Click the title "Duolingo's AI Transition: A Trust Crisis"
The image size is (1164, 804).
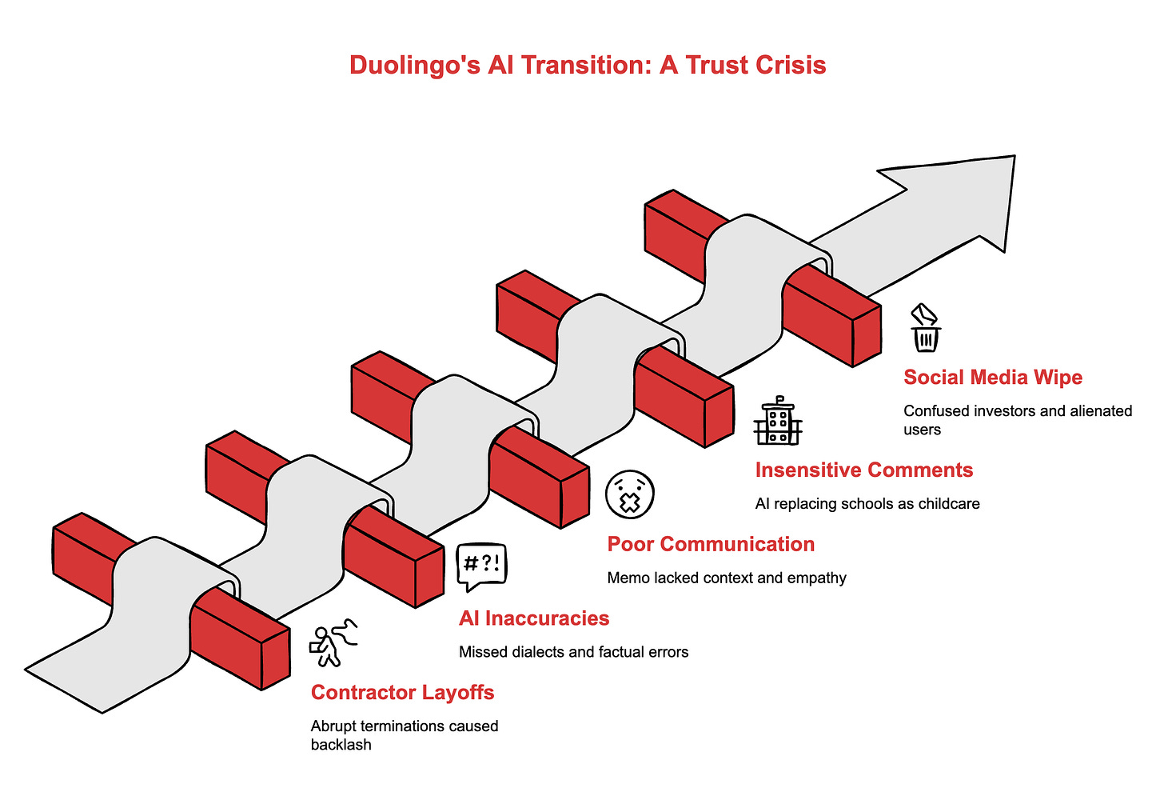[x=588, y=65]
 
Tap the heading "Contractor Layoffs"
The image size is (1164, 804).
[x=402, y=692]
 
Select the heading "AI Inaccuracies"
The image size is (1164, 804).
[x=534, y=618]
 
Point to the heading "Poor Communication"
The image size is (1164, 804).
[x=711, y=544]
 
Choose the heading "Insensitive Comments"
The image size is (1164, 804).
[x=864, y=470]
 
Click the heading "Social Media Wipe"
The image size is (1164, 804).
[x=993, y=377]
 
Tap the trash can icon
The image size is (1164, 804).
[x=926, y=329]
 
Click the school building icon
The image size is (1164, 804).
[x=778, y=421]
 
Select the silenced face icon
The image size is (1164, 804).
[x=630, y=494]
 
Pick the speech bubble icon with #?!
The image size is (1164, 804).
[x=481, y=566]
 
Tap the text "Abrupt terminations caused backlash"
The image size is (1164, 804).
[x=404, y=735]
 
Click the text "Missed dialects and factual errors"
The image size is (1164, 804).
[x=573, y=652]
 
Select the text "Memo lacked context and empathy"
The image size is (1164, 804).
[x=727, y=578]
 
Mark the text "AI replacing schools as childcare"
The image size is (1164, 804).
[x=867, y=504]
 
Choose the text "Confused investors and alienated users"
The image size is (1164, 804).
[x=1018, y=420]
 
